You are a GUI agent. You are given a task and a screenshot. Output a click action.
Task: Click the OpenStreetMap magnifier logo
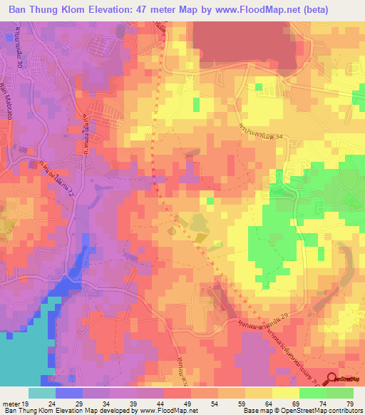pyautogui.click(x=331, y=381)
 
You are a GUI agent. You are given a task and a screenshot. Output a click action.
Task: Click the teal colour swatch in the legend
pyautogui.click(x=41, y=393)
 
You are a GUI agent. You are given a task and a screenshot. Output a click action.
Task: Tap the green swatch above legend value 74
pyautogui.click(x=313, y=393)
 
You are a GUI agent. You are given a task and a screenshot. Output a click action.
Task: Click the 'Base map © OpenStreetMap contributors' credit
pyautogui.click(x=302, y=410)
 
